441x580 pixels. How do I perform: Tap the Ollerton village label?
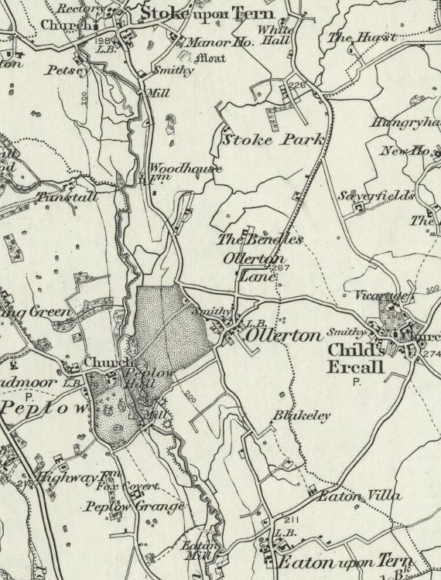coord(283,336)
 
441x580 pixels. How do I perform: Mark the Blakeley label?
coord(301,416)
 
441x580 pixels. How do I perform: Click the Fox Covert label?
coord(127,486)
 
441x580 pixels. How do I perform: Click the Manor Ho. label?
coord(210,45)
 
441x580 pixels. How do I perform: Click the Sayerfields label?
coord(376,195)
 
